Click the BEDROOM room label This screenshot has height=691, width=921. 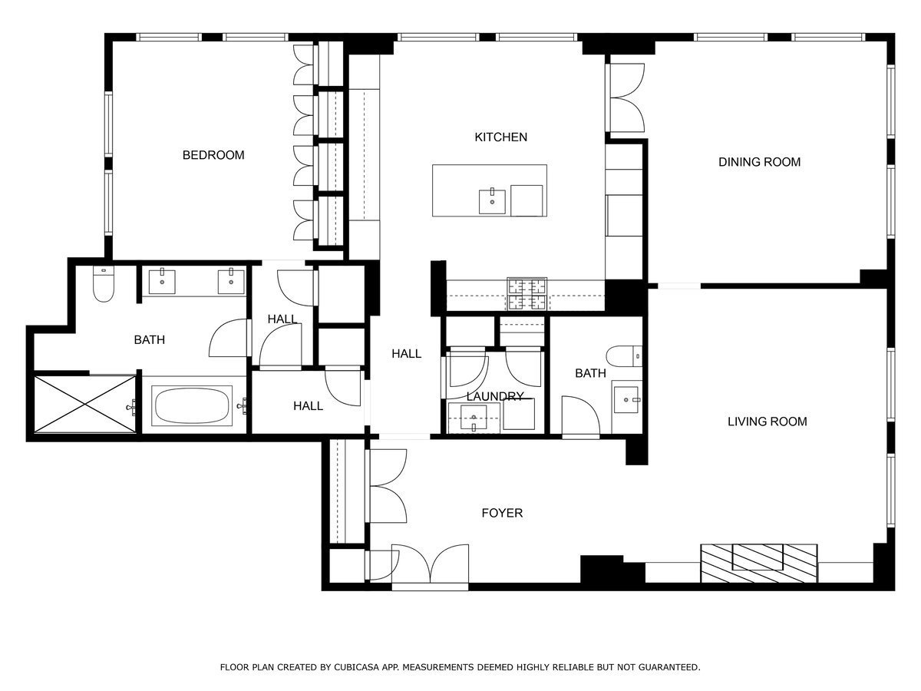coord(213,155)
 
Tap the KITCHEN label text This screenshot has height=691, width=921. coord(500,137)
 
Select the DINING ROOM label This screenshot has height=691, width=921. coord(759,162)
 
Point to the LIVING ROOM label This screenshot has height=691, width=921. coord(767,422)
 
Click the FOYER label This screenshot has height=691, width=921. coord(502,513)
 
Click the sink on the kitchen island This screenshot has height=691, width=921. coord(492,202)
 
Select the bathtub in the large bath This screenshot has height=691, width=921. coord(193,405)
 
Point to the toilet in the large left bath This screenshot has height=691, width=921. coord(103,286)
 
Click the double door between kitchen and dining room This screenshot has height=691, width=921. coord(627,98)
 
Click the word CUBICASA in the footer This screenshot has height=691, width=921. coord(358,668)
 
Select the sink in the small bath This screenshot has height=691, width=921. coord(627,400)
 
